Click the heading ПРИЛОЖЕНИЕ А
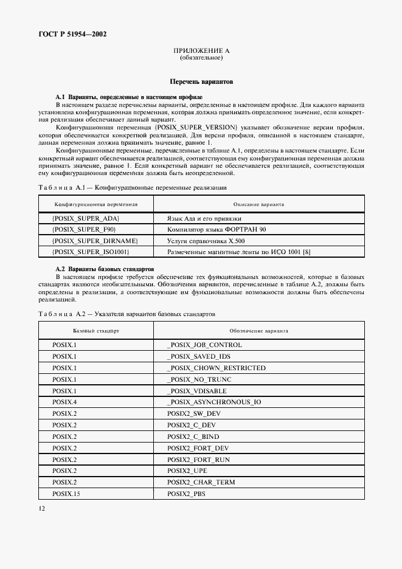point(201,50)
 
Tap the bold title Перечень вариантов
point(201,81)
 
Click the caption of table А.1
point(133,187)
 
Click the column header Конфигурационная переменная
point(97,204)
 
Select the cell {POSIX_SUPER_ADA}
point(86,218)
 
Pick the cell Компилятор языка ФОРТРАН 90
point(216,229)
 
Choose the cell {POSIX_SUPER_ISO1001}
point(91,251)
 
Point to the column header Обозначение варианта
point(258,331)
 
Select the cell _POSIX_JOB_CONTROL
point(204,345)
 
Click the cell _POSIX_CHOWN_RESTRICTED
point(216,368)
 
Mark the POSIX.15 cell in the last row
point(66,494)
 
